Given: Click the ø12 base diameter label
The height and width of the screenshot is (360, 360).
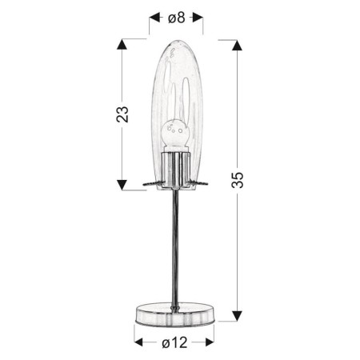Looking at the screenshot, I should click(x=174, y=342).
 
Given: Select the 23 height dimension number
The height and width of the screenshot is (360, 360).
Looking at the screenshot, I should click(x=122, y=113).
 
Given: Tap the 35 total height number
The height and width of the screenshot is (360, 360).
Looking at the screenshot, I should click(x=238, y=179).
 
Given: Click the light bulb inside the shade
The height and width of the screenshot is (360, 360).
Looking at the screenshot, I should click(x=175, y=134).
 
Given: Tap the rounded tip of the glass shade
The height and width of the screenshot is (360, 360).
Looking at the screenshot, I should click(x=175, y=42).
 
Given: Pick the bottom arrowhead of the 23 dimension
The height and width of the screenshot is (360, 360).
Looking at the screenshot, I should click(x=122, y=184).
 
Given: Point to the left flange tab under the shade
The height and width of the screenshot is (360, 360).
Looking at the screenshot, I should click(x=150, y=184).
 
